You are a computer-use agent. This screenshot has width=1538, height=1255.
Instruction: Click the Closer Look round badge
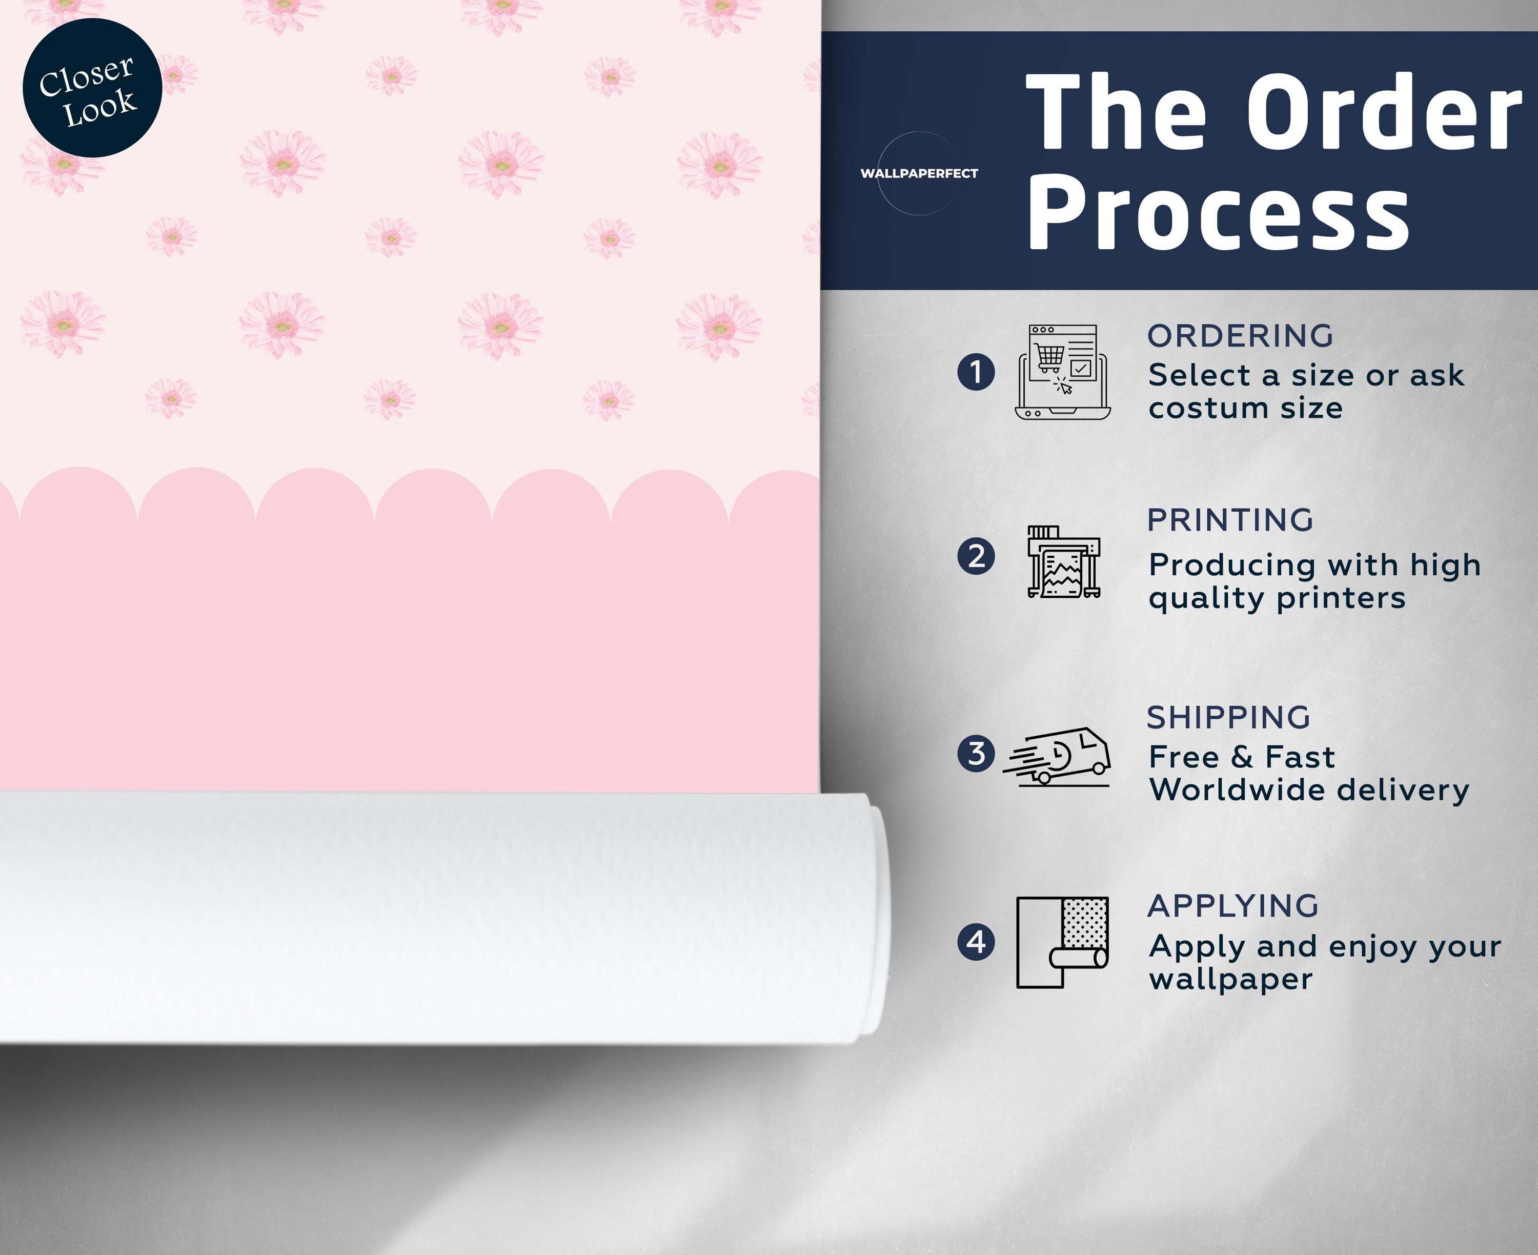(92, 88)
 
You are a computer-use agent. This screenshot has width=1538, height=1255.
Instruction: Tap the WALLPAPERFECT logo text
(919, 173)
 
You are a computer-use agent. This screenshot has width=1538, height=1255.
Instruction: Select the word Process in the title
(1219, 214)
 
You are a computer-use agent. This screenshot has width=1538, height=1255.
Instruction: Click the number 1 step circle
(976, 372)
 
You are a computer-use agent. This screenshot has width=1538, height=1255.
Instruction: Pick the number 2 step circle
(976, 557)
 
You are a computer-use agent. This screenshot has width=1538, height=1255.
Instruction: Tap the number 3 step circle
(976, 753)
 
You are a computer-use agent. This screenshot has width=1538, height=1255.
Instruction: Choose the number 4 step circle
(976, 942)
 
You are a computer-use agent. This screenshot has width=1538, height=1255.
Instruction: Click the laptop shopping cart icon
(1062, 372)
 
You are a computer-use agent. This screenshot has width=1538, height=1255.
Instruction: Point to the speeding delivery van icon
(1056, 756)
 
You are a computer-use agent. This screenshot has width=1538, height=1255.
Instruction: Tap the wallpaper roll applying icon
(1062, 942)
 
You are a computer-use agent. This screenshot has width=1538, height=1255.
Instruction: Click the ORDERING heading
(1240, 336)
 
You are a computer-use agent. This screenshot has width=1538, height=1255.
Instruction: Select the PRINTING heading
(1230, 520)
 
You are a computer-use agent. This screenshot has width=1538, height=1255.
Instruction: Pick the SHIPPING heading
(1229, 718)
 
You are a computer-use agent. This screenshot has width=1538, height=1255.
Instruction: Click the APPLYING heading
(1233, 906)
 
